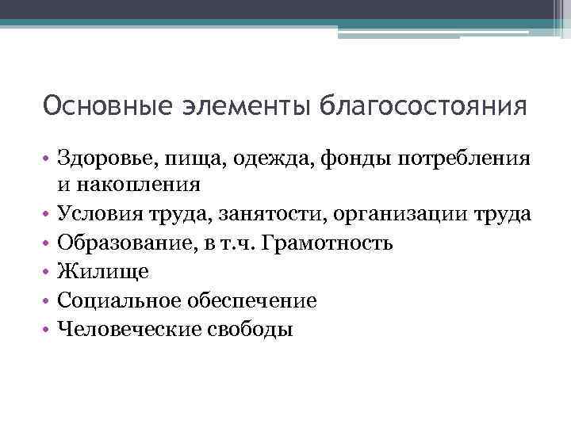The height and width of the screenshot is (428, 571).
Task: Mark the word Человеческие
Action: click(x=120, y=328)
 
